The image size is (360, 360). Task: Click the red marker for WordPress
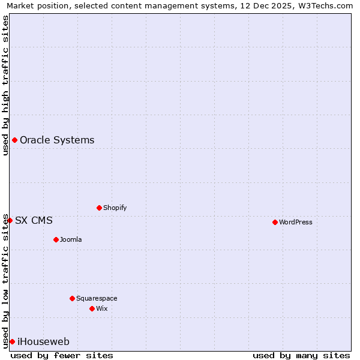point(275,222)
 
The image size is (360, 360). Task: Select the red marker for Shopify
point(99,208)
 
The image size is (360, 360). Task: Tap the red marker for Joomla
point(56,239)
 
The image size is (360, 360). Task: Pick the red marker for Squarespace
point(72,298)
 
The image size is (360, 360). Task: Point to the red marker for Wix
point(92,308)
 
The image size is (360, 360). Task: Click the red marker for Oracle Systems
point(14,140)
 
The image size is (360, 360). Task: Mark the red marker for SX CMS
point(10,220)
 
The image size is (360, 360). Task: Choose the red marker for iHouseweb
point(12,341)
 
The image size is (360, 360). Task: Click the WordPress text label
point(296,222)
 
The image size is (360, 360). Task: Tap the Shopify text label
point(115,208)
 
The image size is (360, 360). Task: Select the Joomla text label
point(71,239)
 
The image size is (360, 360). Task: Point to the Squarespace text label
point(97,298)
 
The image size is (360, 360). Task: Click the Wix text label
point(102,308)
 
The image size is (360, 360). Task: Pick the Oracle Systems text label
point(57,140)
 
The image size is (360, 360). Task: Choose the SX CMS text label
point(34,220)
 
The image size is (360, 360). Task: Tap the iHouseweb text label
point(43,341)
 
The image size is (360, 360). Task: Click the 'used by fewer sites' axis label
point(62,355)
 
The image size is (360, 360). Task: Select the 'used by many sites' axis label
point(301,355)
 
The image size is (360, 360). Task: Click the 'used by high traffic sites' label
point(6,85)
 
